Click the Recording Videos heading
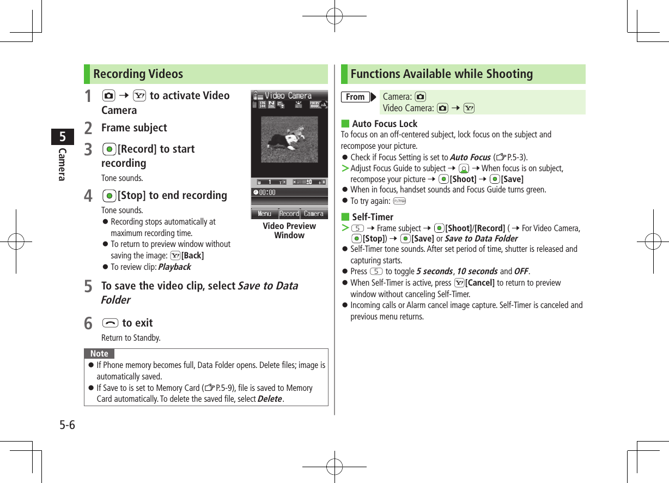(138, 74)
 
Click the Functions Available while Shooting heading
(441, 74)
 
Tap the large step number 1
(88, 96)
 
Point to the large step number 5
(88, 286)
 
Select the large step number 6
(88, 323)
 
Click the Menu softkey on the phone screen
(264, 214)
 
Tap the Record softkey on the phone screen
(289, 214)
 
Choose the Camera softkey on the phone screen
(314, 214)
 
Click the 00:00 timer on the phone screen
(265, 192)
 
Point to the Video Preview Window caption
(289, 231)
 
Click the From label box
(355, 97)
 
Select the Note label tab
(99, 353)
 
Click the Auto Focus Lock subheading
(385, 124)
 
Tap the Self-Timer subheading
(373, 217)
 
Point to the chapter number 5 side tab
(63, 136)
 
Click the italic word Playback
(174, 267)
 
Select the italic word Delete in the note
(270, 399)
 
